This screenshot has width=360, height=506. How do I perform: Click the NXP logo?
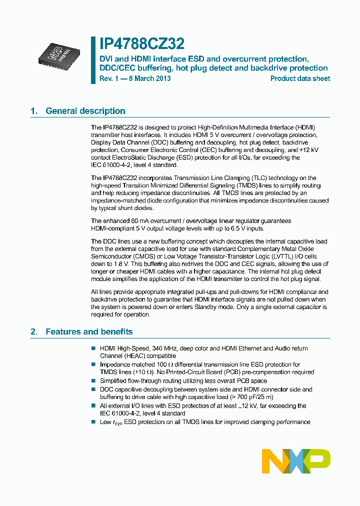pos(296,460)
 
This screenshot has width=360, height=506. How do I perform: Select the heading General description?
pos(85,111)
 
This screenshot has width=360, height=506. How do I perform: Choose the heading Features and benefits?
pos(89,331)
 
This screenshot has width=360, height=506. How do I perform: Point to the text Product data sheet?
pos(300,78)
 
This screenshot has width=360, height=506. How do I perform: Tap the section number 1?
pos(33,111)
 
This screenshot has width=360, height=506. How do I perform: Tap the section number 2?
pos(33,331)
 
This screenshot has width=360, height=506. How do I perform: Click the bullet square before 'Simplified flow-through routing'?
pos(93,381)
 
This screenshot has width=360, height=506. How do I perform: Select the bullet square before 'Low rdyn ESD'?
pos(93,422)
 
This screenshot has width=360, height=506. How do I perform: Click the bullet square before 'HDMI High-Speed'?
pos(93,348)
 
